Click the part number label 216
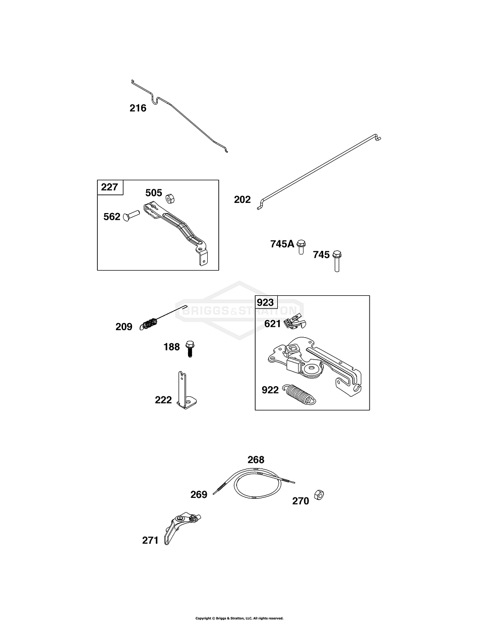tap(138, 109)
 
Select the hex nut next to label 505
tap(170, 198)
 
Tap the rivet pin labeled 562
tap(131, 216)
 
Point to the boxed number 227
tap(109, 187)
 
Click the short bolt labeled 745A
tap(301, 247)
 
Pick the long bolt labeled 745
tap(337, 261)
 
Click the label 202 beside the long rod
tap(242, 199)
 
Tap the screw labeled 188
tap(190, 349)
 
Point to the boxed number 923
tap(265, 302)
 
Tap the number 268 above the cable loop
tap(256, 460)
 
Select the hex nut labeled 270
tap(319, 494)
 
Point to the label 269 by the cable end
tap(199, 494)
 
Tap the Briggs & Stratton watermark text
tap(239, 310)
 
